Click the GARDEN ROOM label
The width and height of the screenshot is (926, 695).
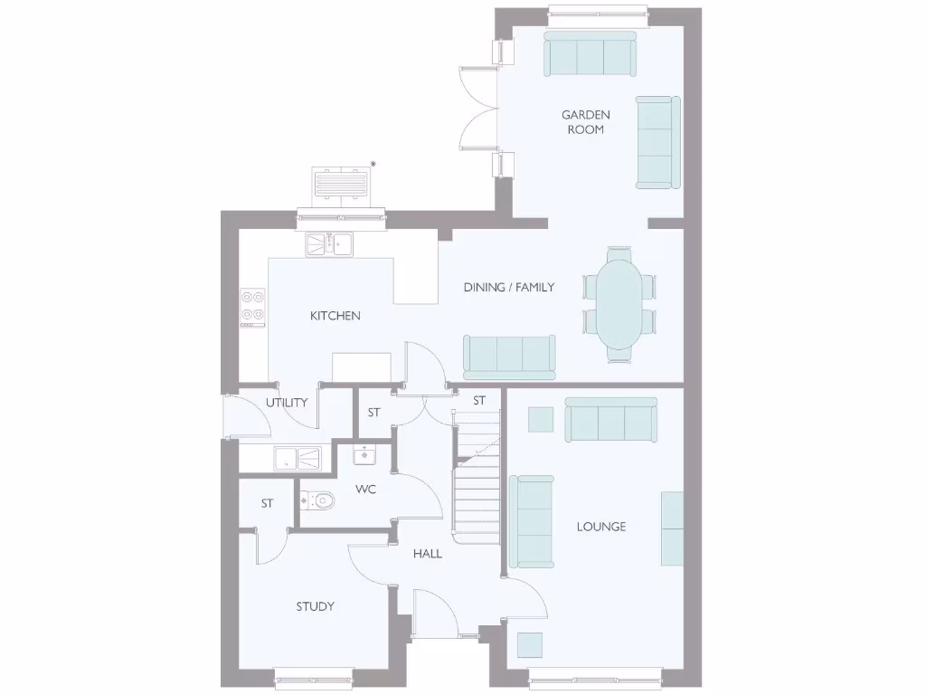pos(586,122)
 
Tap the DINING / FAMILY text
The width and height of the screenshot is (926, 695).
pos(509,288)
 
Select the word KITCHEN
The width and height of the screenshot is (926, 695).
pos(335,316)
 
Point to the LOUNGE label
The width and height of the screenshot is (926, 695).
pos(601,527)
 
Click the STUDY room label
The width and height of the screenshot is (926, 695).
pos(316,606)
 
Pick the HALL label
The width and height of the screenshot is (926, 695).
pos(428,553)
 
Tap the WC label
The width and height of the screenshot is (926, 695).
pos(365,490)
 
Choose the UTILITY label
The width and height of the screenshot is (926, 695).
pos(287,403)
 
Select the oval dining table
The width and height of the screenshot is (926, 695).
pos(620,303)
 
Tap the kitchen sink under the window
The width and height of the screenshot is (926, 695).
pos(328,244)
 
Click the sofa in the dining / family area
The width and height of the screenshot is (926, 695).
pos(509,356)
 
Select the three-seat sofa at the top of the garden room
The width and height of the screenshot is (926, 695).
pos(590,54)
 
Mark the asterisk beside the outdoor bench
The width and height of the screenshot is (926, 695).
pos(373,164)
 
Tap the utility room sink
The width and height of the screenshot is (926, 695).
pos(298,458)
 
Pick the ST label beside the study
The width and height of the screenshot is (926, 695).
pos(267,503)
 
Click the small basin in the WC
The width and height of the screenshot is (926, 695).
pos(365,453)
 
